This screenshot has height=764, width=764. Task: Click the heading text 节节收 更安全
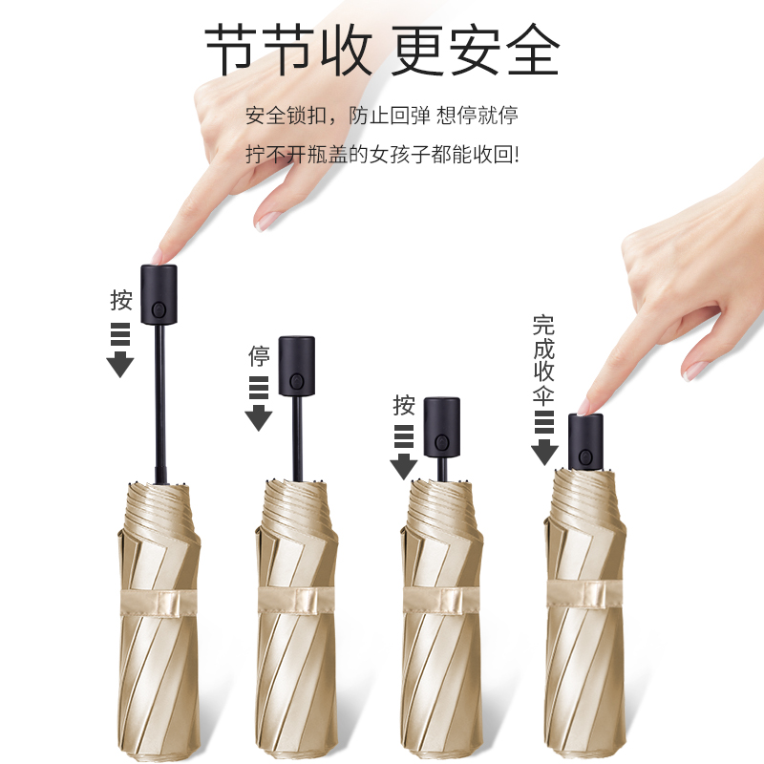[382, 50]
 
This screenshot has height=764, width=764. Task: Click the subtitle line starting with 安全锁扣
[381, 116]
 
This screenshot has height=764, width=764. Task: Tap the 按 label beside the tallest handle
[121, 300]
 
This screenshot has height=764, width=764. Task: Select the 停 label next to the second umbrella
[259, 355]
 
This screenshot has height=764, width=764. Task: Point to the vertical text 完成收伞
[543, 360]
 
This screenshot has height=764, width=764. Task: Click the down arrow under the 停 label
[259, 403]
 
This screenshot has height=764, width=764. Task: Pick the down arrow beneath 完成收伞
[544, 438]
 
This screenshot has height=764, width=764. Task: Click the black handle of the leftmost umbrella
[159, 294]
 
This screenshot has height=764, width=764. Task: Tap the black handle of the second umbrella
[297, 366]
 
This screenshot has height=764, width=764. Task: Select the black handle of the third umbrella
[441, 427]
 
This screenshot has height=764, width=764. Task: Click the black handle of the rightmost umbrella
[585, 442]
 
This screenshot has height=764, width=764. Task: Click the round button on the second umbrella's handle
[296, 381]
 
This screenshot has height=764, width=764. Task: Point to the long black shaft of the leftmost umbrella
[159, 403]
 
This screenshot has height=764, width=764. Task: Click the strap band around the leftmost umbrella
[159, 604]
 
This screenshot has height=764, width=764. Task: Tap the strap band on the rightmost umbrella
[584, 593]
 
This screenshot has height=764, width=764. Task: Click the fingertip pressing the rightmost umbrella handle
[584, 408]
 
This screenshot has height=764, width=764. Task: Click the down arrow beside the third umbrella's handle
[404, 453]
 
